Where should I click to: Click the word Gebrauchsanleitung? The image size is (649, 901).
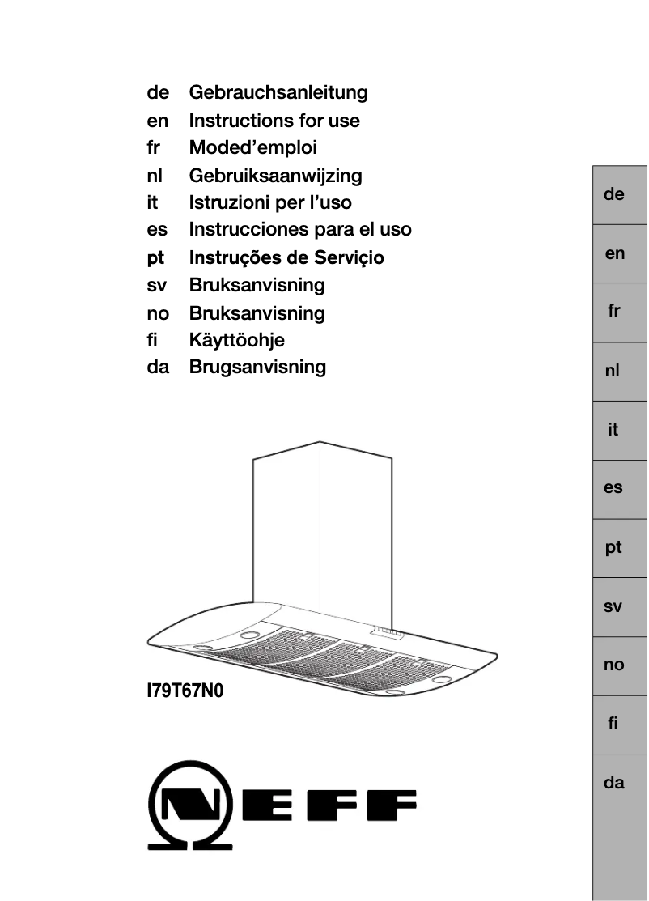pos(278,93)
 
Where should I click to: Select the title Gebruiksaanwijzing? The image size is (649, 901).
pos(275,176)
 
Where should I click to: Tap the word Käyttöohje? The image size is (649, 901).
pos(236,340)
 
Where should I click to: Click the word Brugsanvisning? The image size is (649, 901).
pos(257,368)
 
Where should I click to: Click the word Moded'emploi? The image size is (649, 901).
pos(252,148)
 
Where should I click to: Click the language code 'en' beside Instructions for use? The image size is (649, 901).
pos(158,121)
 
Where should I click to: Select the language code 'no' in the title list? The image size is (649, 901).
pos(158,313)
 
